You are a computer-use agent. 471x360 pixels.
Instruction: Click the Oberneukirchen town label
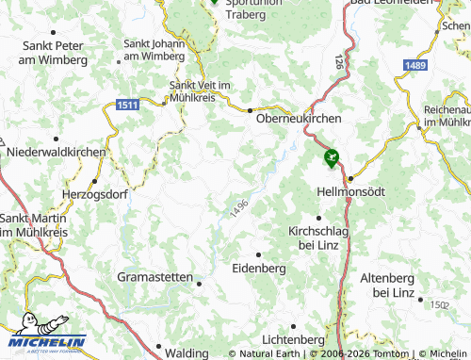[299, 119]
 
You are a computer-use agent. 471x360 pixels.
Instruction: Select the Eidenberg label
[258, 269]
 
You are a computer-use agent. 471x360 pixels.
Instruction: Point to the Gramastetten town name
[154, 277]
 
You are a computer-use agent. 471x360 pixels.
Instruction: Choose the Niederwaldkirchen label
[57, 150]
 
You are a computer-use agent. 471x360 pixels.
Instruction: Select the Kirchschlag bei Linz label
[318, 237]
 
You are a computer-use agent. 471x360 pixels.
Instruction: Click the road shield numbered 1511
[129, 105]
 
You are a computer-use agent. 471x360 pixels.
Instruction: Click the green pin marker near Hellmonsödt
[331, 158]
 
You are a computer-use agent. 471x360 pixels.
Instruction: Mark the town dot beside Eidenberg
[258, 254]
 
